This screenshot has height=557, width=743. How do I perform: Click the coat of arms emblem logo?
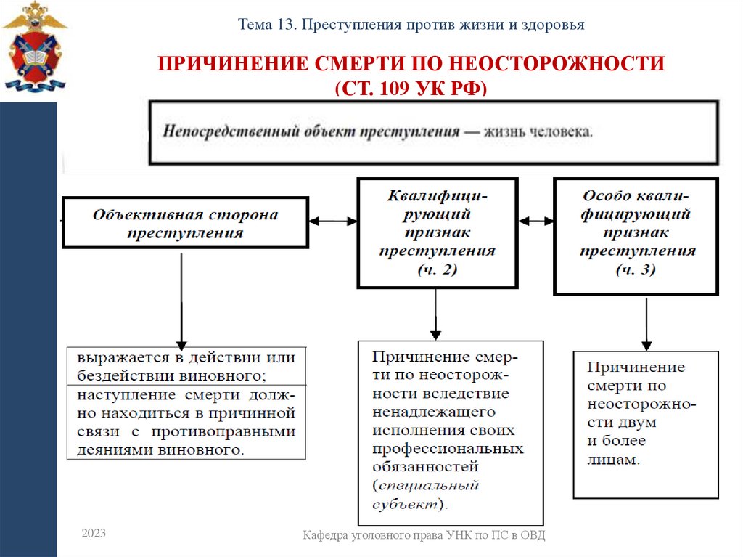tap(33, 48)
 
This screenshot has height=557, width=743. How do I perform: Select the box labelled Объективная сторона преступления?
tap(185, 224)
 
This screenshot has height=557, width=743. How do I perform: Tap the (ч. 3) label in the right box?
tap(636, 269)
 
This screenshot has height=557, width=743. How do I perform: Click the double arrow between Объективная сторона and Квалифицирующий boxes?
tap(333, 220)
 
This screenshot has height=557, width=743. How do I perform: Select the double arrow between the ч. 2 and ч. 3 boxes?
tap(535, 220)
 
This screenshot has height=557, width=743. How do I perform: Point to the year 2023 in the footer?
tap(94, 534)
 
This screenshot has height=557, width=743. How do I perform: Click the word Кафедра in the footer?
tap(329, 536)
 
